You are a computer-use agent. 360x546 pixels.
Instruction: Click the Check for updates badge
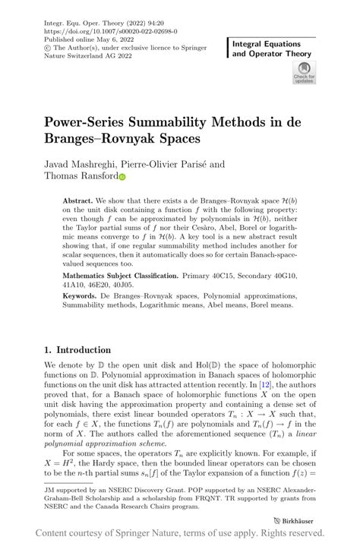tap(305, 74)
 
